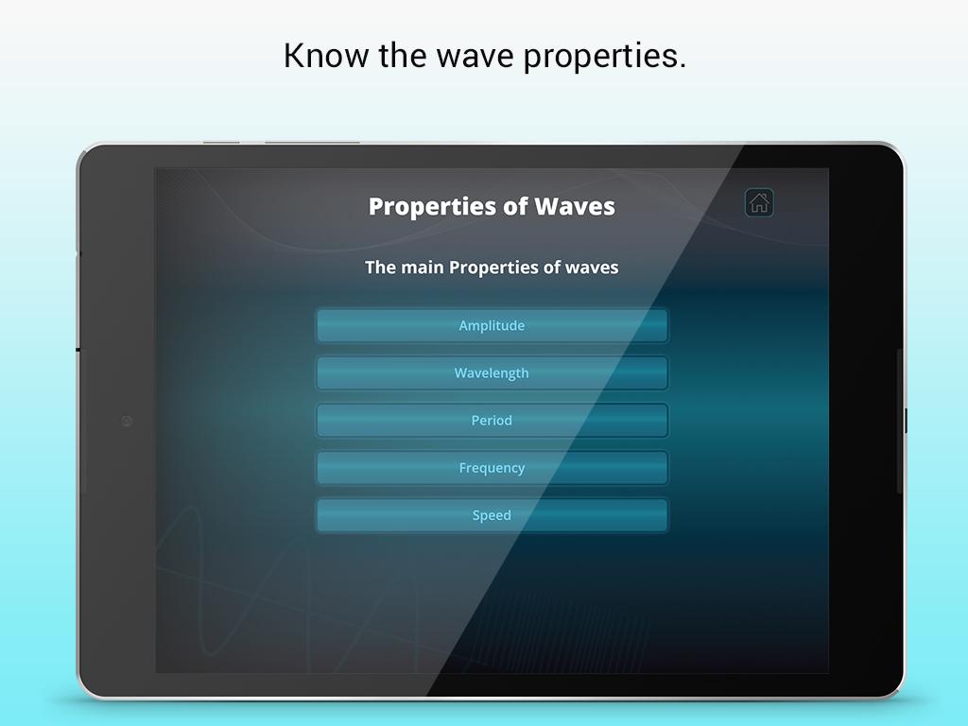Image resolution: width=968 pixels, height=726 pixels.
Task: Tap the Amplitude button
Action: (x=492, y=325)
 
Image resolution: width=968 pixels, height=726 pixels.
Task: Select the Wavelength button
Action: (x=492, y=372)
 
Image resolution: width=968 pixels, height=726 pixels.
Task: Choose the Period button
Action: (x=492, y=421)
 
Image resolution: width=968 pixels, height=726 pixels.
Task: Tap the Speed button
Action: (x=492, y=515)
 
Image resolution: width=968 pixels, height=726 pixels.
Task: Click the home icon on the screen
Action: (x=759, y=203)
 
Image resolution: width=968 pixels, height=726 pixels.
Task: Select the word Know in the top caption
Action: (x=326, y=56)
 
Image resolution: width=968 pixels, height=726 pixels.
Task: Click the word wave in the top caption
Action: (x=475, y=57)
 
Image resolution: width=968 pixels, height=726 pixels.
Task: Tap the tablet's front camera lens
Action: (x=127, y=421)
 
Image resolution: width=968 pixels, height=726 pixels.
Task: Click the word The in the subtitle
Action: (x=380, y=268)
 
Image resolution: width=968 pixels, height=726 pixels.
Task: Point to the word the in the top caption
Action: (x=403, y=56)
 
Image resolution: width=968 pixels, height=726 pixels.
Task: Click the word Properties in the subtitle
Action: (x=493, y=268)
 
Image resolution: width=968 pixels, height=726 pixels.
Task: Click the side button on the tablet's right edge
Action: (x=905, y=421)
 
